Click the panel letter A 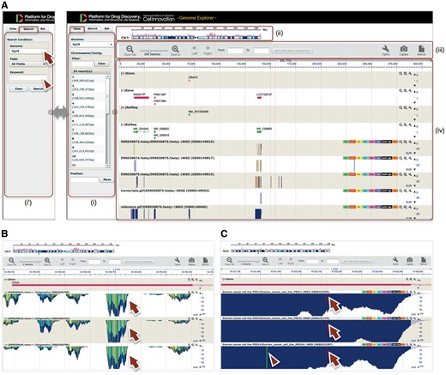point(5,5)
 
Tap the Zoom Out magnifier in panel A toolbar point(128,50)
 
